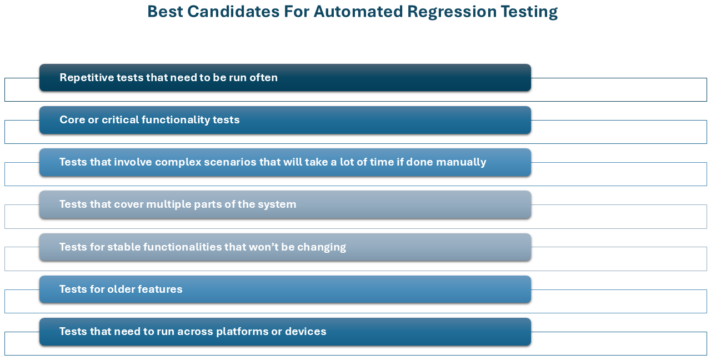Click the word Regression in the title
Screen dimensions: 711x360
pos(451,12)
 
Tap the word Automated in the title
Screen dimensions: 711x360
pos(358,12)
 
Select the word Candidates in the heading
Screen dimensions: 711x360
pos(233,12)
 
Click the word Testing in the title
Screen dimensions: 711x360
pos(529,12)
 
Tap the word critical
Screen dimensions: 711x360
pos(121,119)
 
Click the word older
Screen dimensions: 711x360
pos(121,289)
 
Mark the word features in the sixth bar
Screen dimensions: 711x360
pos(160,289)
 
